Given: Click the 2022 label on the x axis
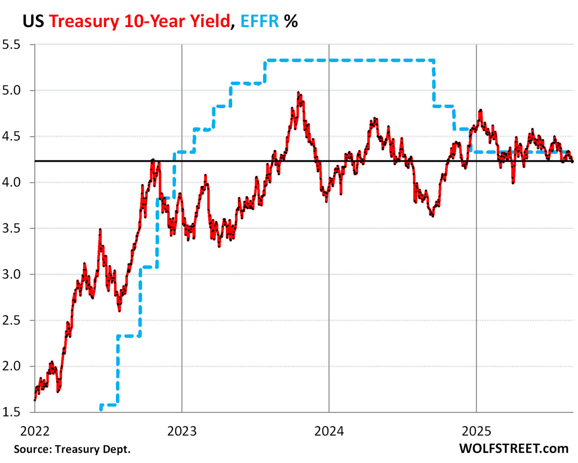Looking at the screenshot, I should [35, 431].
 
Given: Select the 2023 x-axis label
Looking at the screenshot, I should [182, 431].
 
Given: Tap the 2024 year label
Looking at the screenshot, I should [329, 431].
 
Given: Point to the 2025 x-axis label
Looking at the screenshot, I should [476, 431].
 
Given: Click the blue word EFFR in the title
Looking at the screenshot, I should [260, 21].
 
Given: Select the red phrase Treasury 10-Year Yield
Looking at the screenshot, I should [139, 21].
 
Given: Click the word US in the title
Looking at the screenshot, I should [33, 21].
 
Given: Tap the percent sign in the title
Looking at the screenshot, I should [291, 21].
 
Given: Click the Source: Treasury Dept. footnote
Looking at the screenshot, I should [72, 449].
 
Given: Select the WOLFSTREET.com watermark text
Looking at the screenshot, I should [514, 448].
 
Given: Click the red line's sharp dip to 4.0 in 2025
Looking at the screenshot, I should [513, 183].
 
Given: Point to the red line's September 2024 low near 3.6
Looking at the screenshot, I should [432, 216].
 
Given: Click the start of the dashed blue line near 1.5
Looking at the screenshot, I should [101, 408].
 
